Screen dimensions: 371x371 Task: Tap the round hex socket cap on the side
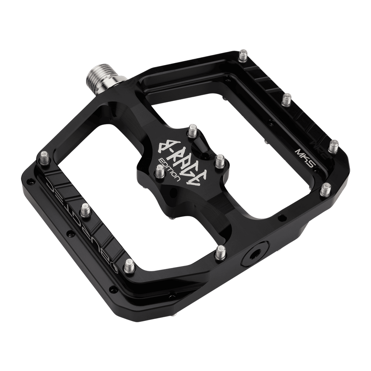[x=253, y=256]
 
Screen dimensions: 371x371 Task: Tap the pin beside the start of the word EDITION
[x=160, y=171]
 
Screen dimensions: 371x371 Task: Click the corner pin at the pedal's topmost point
[x=244, y=55]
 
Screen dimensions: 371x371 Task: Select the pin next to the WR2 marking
[x=334, y=145]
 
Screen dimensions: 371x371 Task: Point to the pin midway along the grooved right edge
[x=287, y=99]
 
